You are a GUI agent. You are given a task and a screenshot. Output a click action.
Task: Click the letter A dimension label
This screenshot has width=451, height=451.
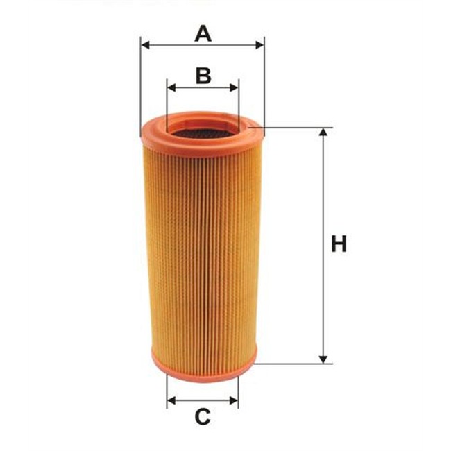coord(203,34)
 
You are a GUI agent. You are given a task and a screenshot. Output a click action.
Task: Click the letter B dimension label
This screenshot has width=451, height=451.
coord(203,76)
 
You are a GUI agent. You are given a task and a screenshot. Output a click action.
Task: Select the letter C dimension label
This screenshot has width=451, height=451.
coord(203,417)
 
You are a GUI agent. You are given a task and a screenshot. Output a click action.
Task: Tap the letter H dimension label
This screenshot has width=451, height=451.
coord(339,244)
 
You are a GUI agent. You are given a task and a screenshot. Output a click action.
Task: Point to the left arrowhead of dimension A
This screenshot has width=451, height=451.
coord(146,45)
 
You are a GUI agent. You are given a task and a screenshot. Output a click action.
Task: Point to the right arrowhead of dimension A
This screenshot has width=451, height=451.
coord(259,45)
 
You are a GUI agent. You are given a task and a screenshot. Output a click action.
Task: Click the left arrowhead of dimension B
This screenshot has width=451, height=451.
coord(171,87)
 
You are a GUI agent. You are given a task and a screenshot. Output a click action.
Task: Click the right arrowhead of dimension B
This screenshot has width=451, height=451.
coord(234,87)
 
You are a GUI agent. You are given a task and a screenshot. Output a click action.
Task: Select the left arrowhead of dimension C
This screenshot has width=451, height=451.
coord(171,400)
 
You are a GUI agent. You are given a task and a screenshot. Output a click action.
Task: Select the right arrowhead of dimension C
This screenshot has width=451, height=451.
coord(234,400)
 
